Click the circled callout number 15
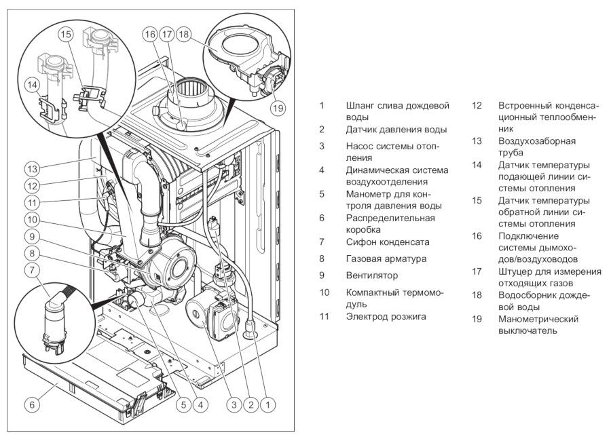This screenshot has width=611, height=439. [x=65, y=34]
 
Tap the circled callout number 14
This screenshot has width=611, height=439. [x=32, y=85]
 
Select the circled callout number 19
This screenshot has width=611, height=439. [x=276, y=106]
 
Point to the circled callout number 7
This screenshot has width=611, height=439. [x=31, y=269]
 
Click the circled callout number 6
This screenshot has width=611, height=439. [x=31, y=404]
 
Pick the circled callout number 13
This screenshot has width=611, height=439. [x=31, y=168]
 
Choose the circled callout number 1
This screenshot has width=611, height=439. [x=268, y=405]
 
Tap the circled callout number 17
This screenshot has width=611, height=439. [x=166, y=34]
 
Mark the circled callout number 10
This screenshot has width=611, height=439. [x=31, y=218]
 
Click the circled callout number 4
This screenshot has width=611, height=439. [x=200, y=405]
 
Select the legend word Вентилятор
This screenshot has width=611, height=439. [x=371, y=275]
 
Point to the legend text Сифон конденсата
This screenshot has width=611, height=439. [x=387, y=242]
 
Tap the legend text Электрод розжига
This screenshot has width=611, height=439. [x=386, y=316]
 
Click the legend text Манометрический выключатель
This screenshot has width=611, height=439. [x=538, y=324]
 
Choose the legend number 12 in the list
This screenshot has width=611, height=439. [x=477, y=106]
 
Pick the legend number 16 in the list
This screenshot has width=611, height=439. [x=477, y=236]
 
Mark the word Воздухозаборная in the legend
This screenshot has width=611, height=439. [x=536, y=141]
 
